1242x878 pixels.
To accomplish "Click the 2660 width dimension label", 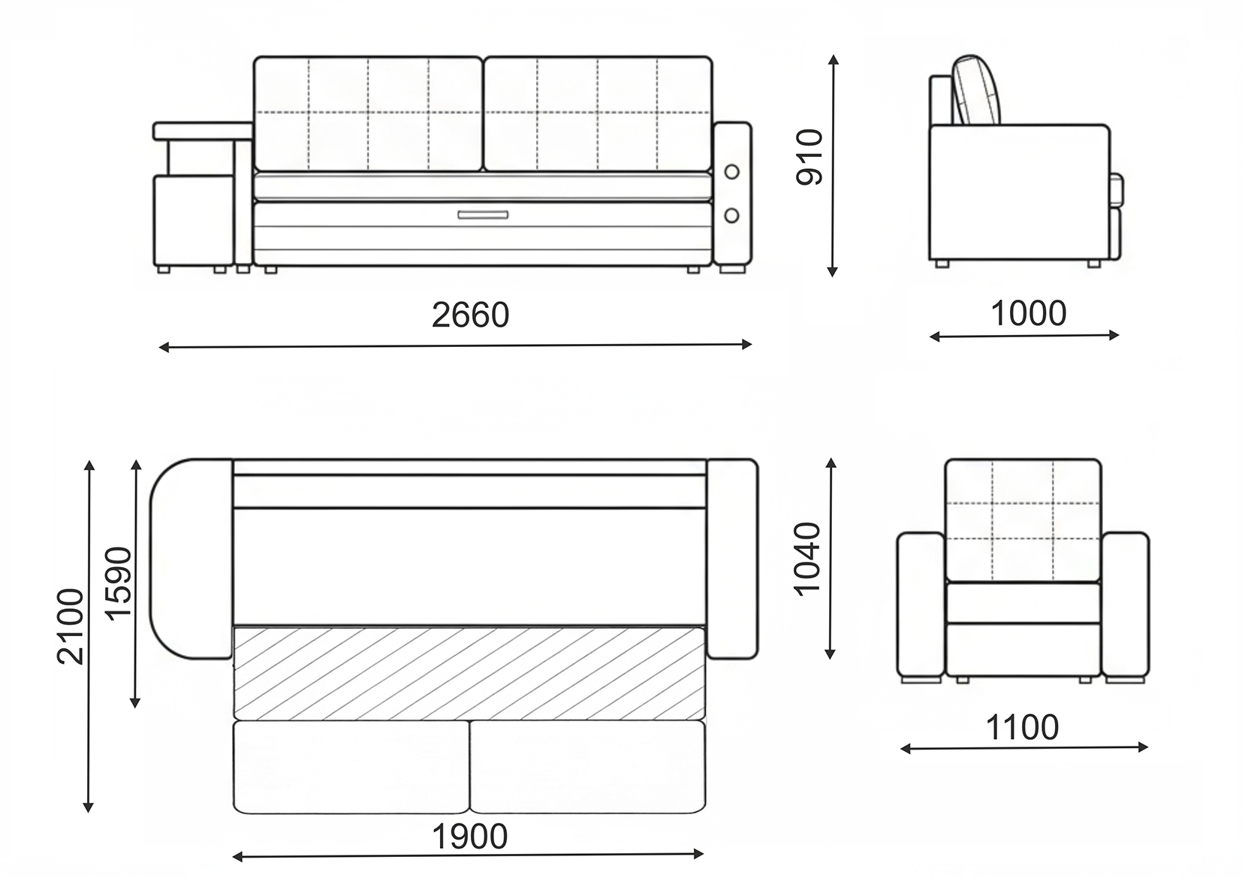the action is tap(470, 315).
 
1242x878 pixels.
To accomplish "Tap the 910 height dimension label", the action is tap(809, 157).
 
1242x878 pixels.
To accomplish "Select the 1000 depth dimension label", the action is tap(1029, 313).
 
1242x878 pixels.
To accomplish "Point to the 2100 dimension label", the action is tap(71, 626).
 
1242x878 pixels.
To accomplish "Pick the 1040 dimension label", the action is tap(807, 559).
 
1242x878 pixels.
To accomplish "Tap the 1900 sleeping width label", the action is tap(469, 837).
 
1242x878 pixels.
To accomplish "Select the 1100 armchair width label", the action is tap(1022, 727).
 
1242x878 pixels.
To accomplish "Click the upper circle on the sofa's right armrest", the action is tap(732, 172).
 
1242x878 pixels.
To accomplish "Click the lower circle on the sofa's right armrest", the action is tap(732, 215).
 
